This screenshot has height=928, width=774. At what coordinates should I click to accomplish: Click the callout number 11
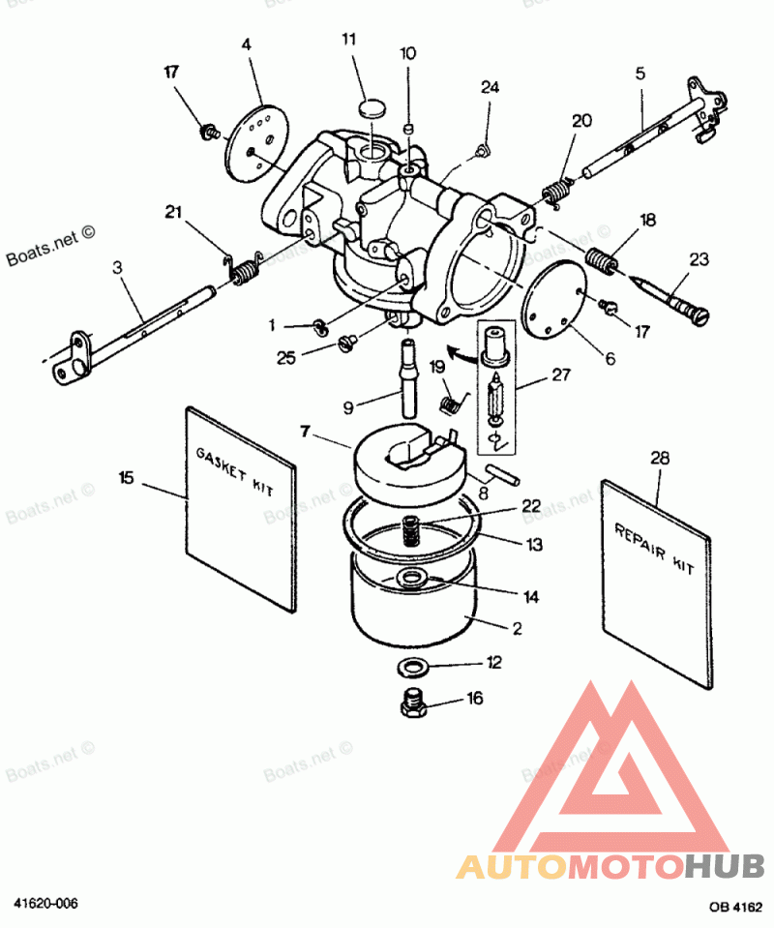click(x=349, y=40)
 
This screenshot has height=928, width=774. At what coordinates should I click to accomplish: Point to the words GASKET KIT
click(x=235, y=471)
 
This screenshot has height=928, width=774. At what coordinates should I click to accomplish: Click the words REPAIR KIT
click(x=654, y=549)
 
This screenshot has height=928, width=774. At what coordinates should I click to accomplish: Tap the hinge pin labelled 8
click(x=502, y=475)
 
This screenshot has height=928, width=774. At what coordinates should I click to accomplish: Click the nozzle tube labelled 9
click(x=408, y=377)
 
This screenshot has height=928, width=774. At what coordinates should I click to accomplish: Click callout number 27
click(x=561, y=374)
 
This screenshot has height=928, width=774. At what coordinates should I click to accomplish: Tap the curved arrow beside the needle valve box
click(x=461, y=354)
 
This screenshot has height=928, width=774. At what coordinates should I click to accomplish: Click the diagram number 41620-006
click(x=45, y=903)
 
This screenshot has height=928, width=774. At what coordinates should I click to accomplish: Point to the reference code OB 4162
click(x=736, y=906)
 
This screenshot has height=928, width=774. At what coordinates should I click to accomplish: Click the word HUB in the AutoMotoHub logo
click(x=725, y=866)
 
